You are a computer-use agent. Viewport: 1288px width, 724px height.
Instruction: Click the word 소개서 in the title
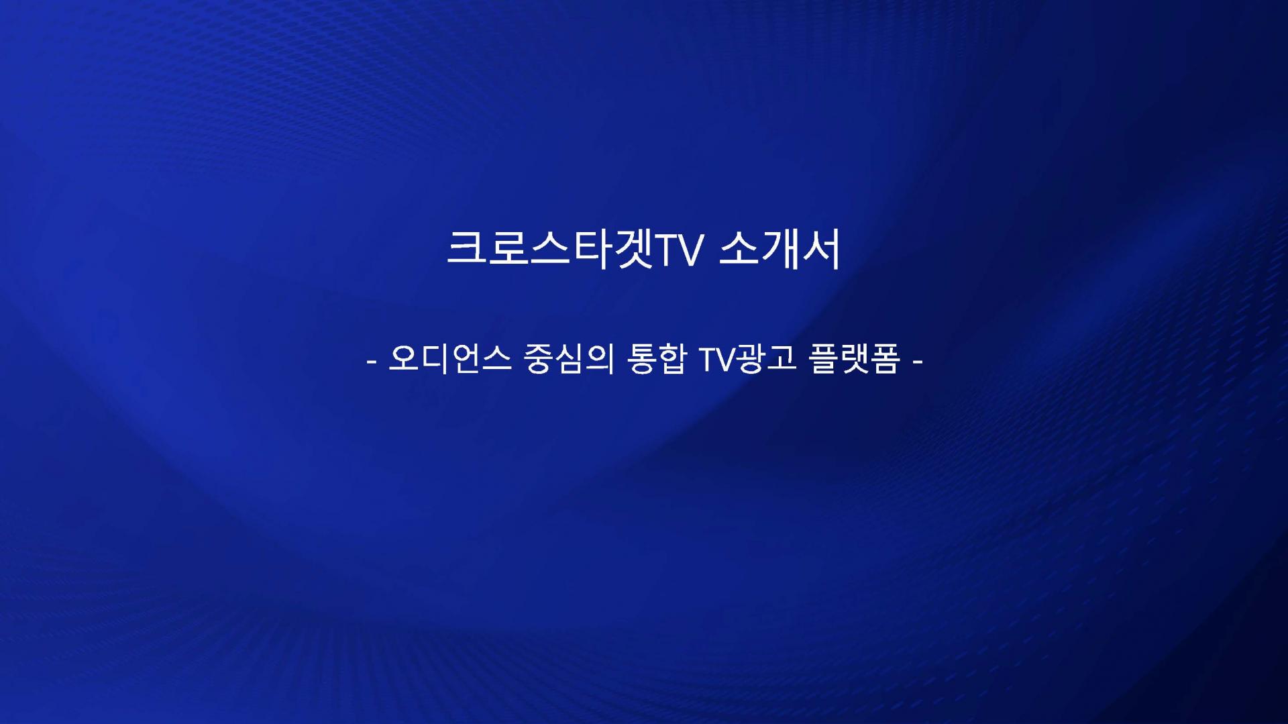pos(780,250)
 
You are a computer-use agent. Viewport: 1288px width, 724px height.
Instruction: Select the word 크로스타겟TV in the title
pos(575,250)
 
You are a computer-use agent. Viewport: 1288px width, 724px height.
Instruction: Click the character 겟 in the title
pos(633,250)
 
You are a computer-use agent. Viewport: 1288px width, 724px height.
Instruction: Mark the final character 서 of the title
pos(821,250)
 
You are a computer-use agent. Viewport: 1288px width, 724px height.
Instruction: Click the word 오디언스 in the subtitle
pos(449,358)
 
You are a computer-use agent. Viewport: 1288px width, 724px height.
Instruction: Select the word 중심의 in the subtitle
pos(569,358)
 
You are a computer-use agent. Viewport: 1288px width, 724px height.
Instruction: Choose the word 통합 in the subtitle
pos(657,358)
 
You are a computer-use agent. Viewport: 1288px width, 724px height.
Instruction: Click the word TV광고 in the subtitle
pos(747,358)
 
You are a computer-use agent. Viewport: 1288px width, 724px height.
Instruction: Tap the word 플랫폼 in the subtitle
pos(854,358)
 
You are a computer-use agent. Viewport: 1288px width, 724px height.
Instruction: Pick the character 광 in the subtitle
pos(751,358)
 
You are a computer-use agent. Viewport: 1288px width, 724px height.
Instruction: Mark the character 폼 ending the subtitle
pos(885,358)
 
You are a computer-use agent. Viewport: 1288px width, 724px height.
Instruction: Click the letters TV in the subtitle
pos(717,360)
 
